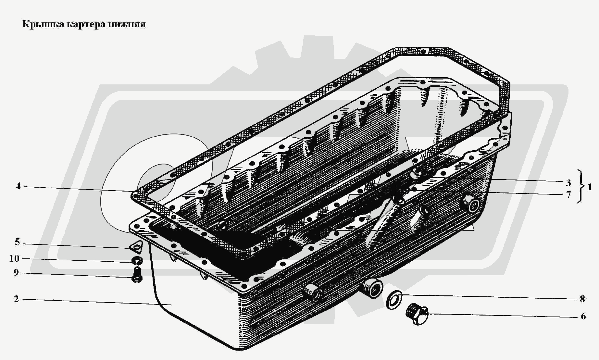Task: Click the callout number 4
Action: (18, 186)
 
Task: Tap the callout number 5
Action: (17, 242)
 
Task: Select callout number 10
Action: (14, 259)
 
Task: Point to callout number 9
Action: (16, 273)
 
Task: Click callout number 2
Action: (16, 299)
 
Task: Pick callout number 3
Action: (568, 183)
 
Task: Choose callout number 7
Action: (568, 195)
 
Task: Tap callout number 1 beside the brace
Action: (590, 187)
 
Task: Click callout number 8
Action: (582, 299)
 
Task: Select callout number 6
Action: (583, 316)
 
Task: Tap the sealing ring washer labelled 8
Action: (394, 300)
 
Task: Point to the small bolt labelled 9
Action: (137, 275)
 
